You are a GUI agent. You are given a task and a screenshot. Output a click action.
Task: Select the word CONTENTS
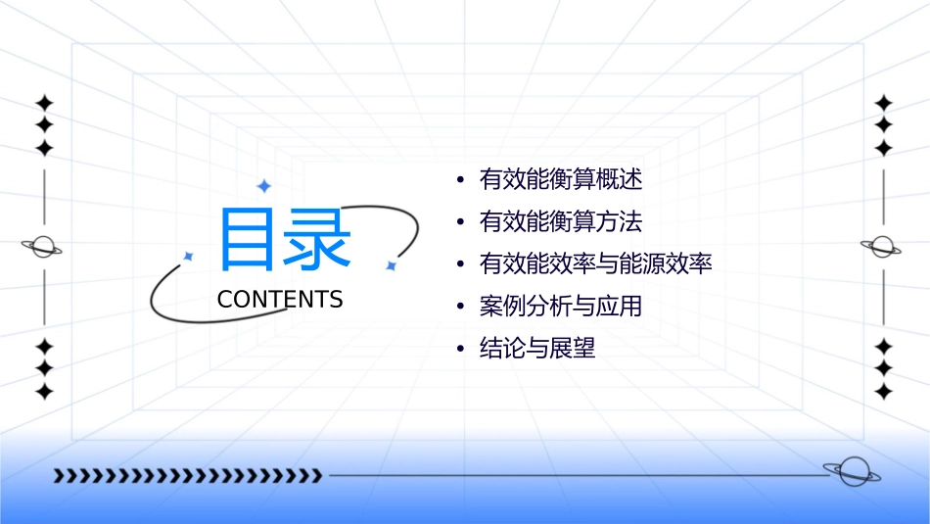pos(280,300)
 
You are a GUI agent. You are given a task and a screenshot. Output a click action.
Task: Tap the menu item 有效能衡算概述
pos(561,180)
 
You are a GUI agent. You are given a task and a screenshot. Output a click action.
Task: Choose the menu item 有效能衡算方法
pos(561,222)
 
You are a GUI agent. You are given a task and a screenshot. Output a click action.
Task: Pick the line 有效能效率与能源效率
pos(595,264)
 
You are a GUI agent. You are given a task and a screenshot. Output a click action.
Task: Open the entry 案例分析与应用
pos(561,307)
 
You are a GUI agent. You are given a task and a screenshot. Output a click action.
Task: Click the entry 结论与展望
pos(537,349)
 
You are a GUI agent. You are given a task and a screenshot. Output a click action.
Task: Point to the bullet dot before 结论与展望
pos(459,350)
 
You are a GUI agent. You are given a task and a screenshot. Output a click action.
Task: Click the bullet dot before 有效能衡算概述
pos(459,181)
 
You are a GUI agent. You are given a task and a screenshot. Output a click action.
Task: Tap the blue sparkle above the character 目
pos(262,186)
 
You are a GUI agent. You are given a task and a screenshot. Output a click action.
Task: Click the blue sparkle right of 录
pos(390,265)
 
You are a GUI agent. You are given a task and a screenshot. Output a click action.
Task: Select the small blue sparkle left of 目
pos(189,257)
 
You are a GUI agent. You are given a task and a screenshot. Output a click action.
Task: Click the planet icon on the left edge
pos(43,247)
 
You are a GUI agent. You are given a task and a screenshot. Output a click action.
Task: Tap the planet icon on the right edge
pos(882,247)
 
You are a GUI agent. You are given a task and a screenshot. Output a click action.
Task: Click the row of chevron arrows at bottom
pos(187,476)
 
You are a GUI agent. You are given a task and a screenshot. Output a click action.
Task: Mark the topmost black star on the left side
pos(43,103)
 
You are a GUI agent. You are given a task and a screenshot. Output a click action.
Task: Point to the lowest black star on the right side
pos(883,391)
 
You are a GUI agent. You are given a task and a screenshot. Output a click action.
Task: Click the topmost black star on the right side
pos(883,103)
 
